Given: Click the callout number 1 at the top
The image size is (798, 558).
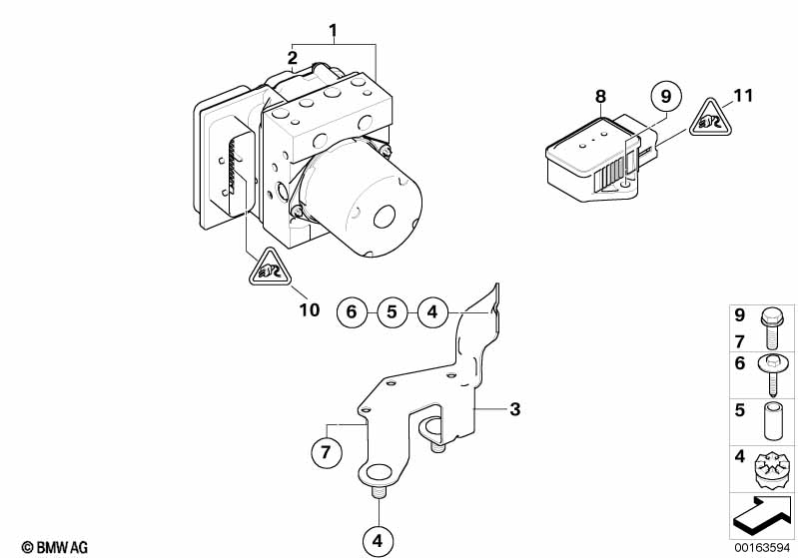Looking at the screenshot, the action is (x=333, y=31).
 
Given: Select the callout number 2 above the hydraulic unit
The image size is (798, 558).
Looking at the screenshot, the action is (x=292, y=58).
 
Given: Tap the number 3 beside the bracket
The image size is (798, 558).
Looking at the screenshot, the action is (x=515, y=408).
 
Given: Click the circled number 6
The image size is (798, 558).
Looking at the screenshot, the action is (x=352, y=311).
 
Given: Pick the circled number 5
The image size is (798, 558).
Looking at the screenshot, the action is (x=392, y=311).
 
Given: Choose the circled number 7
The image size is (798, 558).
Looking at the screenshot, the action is (x=327, y=451).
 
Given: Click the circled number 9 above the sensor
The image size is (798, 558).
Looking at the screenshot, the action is (x=666, y=96).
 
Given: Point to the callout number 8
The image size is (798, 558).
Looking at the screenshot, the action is (x=600, y=96).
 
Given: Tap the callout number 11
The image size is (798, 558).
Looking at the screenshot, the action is (x=743, y=96).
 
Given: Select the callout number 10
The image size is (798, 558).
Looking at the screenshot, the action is (x=310, y=309).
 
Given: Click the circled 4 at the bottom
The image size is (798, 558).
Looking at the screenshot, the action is (x=378, y=540).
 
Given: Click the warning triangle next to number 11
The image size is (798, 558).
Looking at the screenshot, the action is (x=710, y=119).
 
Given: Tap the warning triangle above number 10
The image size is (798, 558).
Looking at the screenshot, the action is (x=270, y=269).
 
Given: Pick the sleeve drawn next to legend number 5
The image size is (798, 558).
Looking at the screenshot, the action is (x=773, y=421).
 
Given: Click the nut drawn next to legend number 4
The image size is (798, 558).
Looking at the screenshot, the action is (x=773, y=471).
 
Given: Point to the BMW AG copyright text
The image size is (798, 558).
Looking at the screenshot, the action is (x=55, y=547).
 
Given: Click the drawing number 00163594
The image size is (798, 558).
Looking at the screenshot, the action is (x=762, y=547).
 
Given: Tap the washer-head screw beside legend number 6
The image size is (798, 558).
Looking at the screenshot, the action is (x=773, y=375).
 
